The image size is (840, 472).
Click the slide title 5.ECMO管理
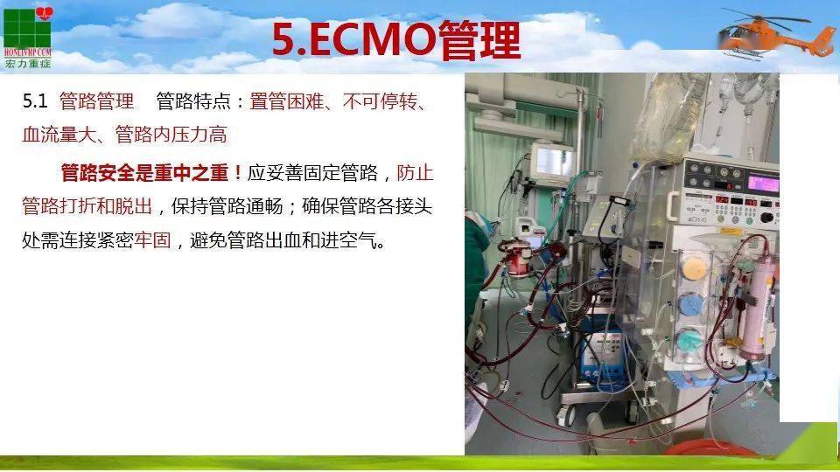coord(395,39)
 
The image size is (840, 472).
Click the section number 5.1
coord(34,101)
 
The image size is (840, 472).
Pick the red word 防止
coord(415,172)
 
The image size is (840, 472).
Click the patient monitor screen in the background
coord(554,162)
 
